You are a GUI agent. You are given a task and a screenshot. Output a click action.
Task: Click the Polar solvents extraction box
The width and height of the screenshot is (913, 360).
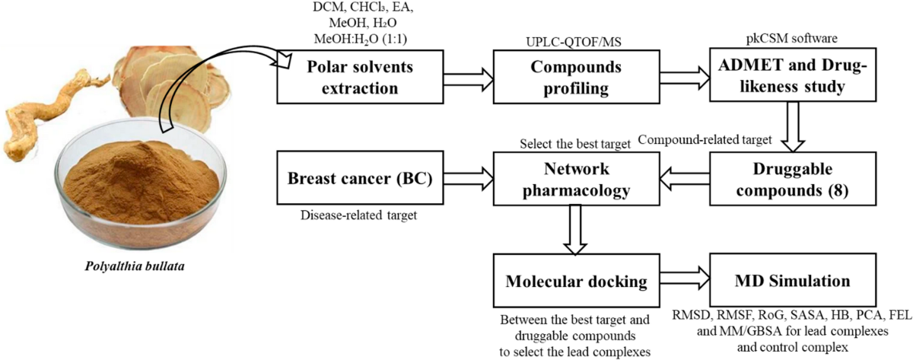[360, 77]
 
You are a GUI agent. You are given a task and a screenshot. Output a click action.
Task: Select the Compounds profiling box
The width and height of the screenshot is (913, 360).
[577, 77]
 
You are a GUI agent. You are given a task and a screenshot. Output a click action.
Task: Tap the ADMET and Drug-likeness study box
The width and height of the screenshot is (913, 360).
[793, 75]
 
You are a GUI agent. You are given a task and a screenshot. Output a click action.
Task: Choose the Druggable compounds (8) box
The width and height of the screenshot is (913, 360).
[793, 179]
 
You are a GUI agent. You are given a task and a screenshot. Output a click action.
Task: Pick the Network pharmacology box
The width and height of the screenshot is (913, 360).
[577, 179]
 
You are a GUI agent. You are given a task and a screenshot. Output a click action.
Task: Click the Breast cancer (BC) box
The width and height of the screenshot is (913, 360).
[360, 178]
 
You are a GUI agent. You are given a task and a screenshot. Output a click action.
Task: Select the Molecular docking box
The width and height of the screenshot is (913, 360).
[577, 281]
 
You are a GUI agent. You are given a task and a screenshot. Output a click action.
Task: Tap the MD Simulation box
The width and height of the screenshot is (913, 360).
[793, 280]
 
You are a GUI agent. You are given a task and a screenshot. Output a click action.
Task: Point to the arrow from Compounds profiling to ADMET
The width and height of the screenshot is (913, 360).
[685, 78]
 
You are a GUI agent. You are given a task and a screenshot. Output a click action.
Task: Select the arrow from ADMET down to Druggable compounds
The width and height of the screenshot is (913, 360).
[793, 127]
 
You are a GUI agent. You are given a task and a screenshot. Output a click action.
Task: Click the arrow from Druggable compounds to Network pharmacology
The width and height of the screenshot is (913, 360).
[685, 179]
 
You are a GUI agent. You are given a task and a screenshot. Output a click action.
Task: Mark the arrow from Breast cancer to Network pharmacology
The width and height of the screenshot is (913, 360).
[469, 179]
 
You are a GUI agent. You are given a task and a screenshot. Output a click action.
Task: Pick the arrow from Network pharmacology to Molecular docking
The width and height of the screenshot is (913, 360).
[575, 230]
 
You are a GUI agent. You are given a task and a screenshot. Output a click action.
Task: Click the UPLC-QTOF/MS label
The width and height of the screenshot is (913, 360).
[574, 42]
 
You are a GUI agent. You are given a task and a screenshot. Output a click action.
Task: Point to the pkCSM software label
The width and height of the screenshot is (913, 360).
[792, 39]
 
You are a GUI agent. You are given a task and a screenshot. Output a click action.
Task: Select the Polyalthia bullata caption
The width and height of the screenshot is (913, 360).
[135, 266]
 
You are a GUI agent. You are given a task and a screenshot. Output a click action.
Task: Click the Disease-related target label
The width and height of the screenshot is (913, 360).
[359, 215]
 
